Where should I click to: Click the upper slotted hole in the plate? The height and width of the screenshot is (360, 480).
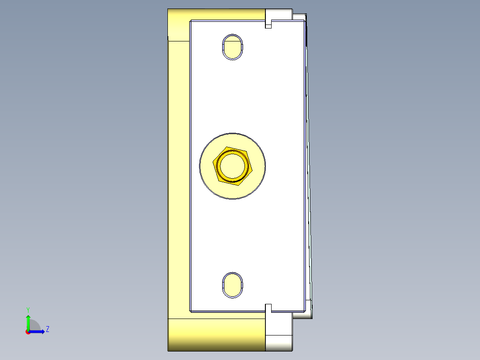(x=232, y=46)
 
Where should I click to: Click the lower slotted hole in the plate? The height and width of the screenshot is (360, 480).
(x=232, y=284)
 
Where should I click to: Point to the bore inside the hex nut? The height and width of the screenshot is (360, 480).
(x=232, y=165)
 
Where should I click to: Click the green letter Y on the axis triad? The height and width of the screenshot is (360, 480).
(x=28, y=309)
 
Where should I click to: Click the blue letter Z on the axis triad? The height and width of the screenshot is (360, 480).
(x=47, y=329)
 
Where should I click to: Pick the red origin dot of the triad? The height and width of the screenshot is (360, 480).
(x=28, y=332)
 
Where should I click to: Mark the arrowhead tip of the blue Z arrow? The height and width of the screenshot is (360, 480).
(x=44, y=331)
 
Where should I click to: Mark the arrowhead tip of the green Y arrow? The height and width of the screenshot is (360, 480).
(x=28, y=315)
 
